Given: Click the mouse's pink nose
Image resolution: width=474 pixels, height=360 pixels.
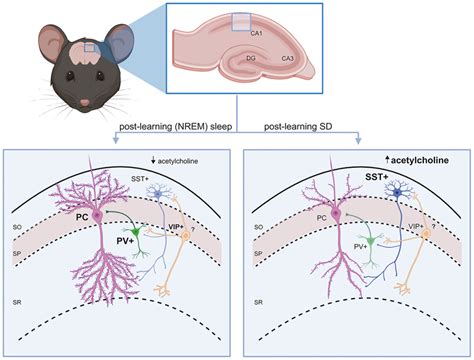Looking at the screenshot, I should (86, 102).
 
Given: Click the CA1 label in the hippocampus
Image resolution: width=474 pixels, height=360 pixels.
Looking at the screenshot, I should (256, 33).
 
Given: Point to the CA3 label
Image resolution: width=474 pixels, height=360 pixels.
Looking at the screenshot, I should (286, 59).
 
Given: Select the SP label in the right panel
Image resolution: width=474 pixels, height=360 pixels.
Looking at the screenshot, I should (259, 254).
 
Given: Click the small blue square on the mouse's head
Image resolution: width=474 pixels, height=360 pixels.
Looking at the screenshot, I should (90, 46).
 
